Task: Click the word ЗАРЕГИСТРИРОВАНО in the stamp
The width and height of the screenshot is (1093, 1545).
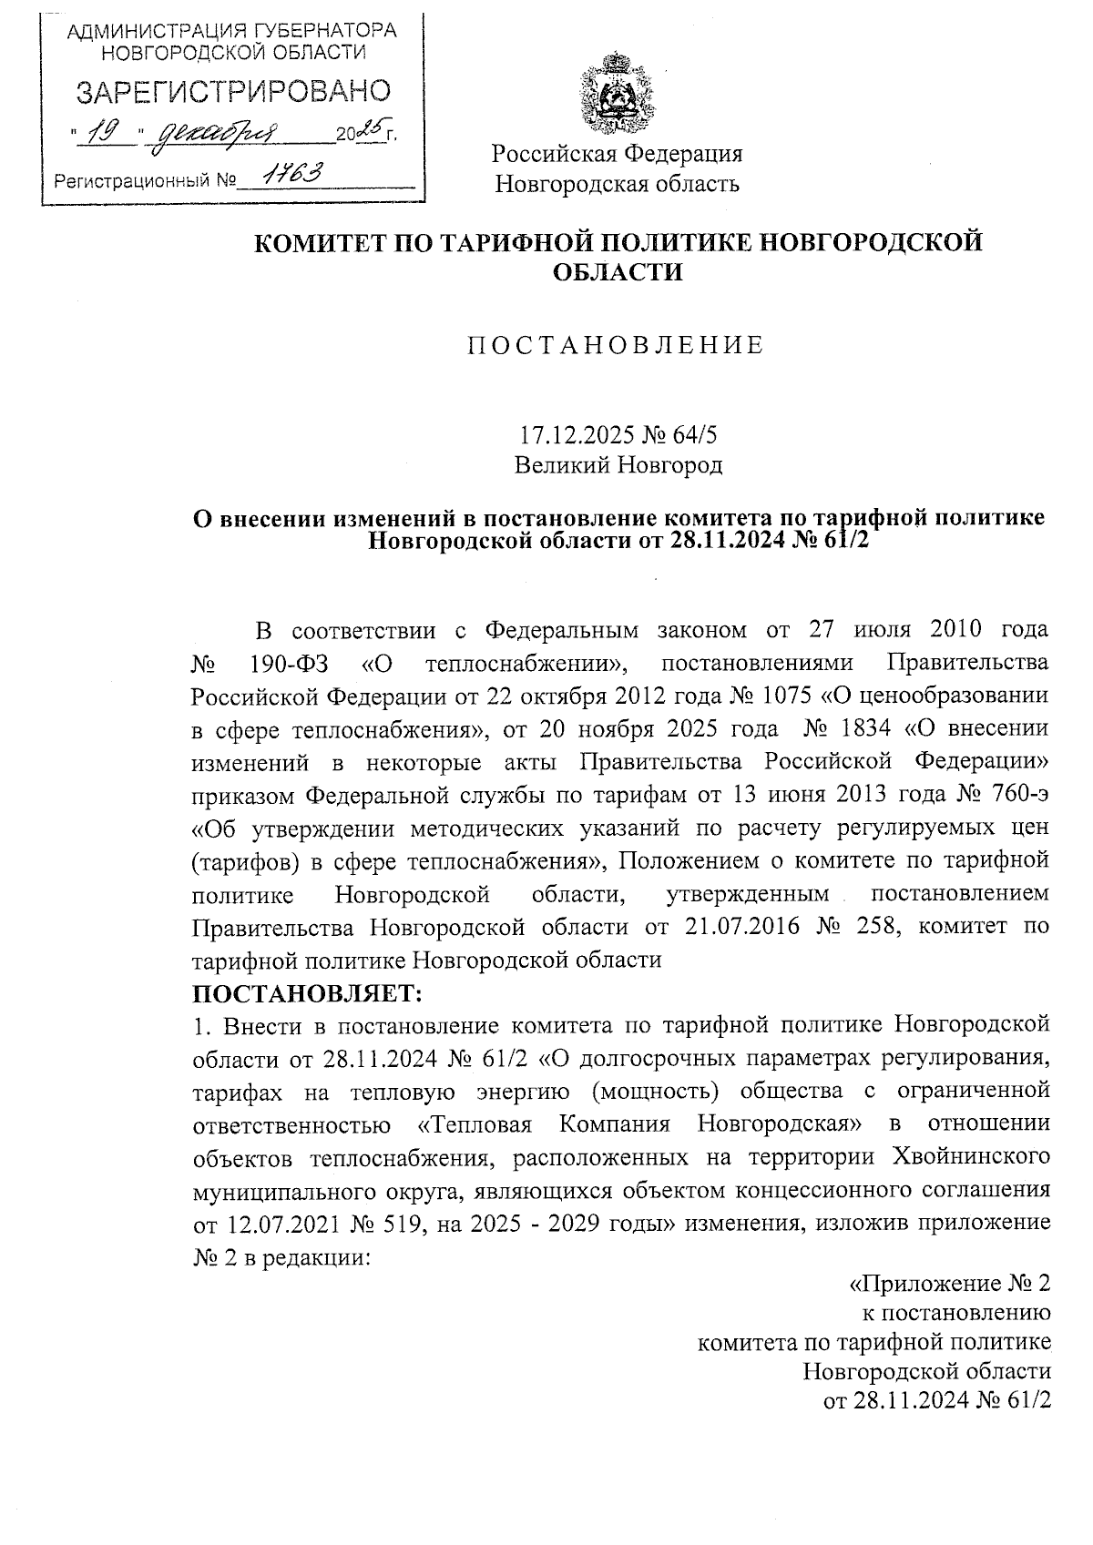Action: pyautogui.click(x=232, y=92)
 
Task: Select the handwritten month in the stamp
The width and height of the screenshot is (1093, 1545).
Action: pyautogui.click(x=219, y=137)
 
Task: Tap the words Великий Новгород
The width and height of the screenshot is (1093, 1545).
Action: pyautogui.click(x=618, y=465)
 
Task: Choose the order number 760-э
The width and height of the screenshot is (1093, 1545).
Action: pyautogui.click(x=1016, y=795)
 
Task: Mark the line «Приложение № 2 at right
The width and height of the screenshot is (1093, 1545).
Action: pyautogui.click(x=948, y=1284)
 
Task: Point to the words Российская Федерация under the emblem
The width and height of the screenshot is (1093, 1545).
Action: pyautogui.click(x=618, y=153)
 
